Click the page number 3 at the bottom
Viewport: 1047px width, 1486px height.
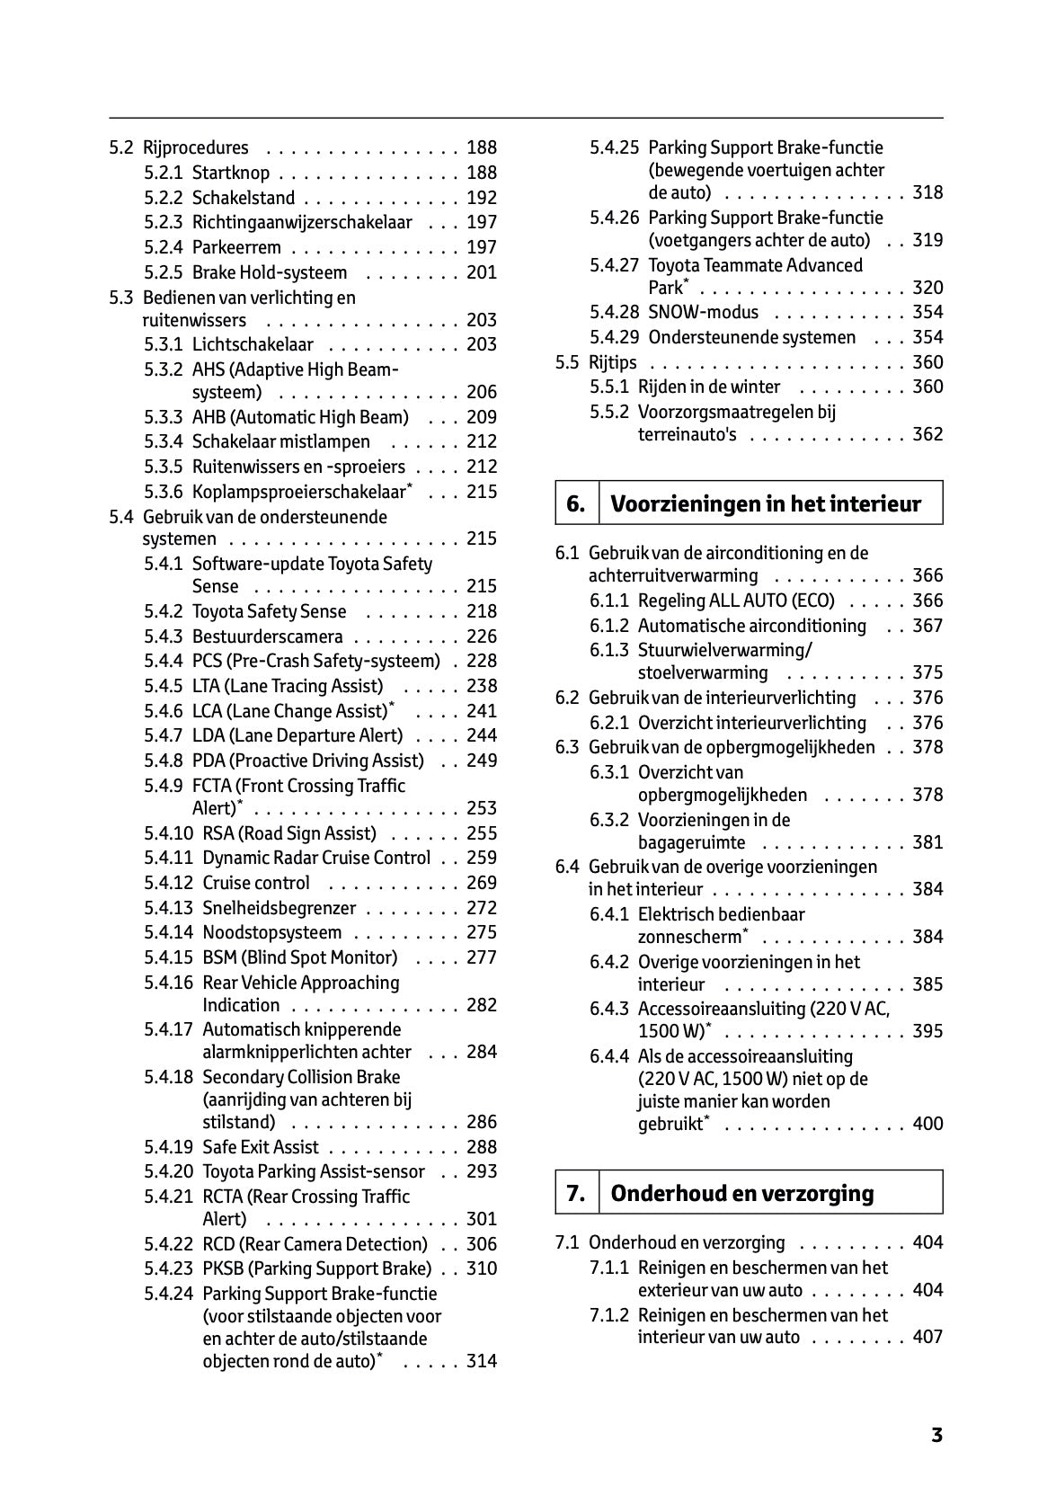(x=936, y=1435)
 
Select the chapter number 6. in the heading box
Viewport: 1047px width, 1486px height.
(x=575, y=504)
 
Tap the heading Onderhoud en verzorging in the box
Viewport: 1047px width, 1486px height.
(x=741, y=1194)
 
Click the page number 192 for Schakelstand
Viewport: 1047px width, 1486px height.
(x=482, y=198)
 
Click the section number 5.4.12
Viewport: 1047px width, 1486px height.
(x=168, y=883)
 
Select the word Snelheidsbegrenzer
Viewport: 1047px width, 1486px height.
(x=279, y=908)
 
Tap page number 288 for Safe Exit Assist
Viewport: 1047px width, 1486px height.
(x=482, y=1147)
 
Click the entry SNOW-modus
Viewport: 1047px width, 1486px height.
(x=703, y=313)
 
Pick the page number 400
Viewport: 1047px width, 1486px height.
(x=927, y=1124)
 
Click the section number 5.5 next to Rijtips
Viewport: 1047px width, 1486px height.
(x=567, y=362)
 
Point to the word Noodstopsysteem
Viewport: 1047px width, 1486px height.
(x=271, y=933)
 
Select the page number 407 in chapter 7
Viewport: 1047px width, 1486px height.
(x=927, y=1337)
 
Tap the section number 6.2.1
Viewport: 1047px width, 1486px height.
(x=609, y=723)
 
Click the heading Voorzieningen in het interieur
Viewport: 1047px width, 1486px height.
(x=766, y=504)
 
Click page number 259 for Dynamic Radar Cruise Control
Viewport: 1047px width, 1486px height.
(x=482, y=859)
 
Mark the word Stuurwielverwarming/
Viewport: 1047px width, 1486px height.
(x=724, y=650)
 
